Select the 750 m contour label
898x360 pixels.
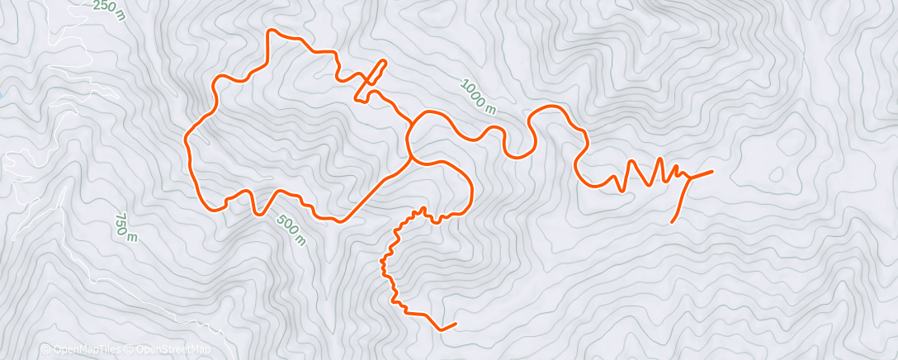(x=125, y=226)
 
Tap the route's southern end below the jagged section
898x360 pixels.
(x=455, y=324)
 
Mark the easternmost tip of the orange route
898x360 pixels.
(x=712, y=170)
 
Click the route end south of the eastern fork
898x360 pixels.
(x=672, y=222)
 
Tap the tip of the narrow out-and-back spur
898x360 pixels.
(x=385, y=61)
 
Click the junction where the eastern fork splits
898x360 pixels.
(x=688, y=178)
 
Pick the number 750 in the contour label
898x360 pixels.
(x=123, y=222)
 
